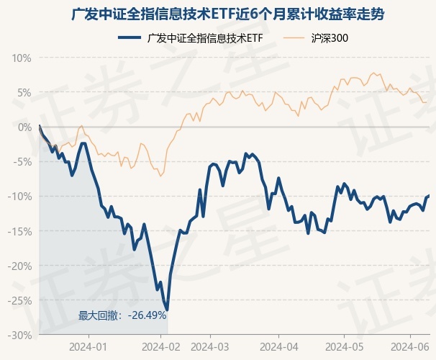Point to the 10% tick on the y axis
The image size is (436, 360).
coord(22,58)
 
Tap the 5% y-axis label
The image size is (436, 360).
coord(24,92)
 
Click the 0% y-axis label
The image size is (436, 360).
coord(24,127)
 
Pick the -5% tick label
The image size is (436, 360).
coord(22,162)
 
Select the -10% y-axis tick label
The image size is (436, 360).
coord(20,197)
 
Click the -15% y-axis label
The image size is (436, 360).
coord(20,231)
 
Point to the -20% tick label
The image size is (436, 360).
coord(20,266)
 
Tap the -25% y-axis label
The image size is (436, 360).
coord(20,301)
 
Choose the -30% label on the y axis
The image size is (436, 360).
coord(20,336)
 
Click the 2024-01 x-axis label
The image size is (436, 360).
coord(89,346)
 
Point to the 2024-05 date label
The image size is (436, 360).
coord(343,346)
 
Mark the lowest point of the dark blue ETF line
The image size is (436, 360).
coord(167,310)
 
